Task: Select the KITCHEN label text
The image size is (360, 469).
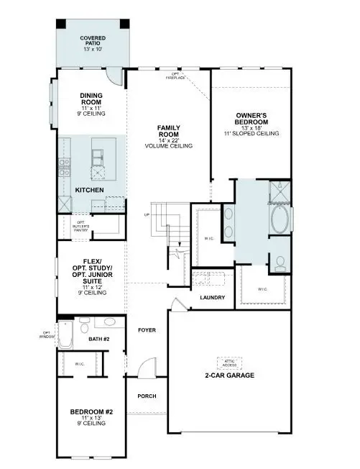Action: (x=90, y=190)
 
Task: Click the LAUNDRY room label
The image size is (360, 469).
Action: (x=212, y=298)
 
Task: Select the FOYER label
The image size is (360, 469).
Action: (x=147, y=329)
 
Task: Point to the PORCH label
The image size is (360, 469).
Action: (x=147, y=396)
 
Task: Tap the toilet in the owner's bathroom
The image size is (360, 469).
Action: (x=280, y=262)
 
